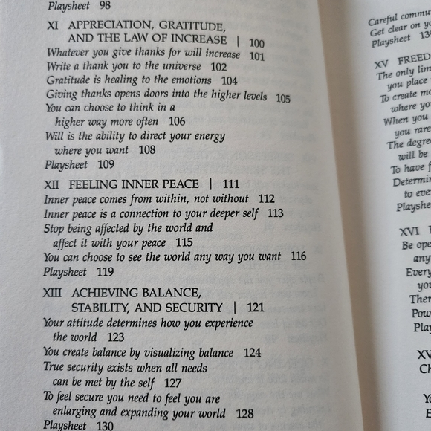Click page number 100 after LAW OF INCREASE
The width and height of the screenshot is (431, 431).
(x=256, y=42)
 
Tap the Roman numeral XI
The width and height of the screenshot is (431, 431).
(x=54, y=25)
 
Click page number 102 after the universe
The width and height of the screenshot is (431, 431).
(x=218, y=68)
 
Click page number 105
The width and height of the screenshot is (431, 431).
(x=282, y=98)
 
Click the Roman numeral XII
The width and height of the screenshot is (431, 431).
(x=55, y=184)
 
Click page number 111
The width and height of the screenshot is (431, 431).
(x=230, y=184)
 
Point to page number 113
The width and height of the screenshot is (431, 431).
(x=275, y=213)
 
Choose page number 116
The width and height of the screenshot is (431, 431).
(x=298, y=256)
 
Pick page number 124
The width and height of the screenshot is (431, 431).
(x=252, y=353)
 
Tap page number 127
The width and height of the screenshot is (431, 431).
(x=172, y=383)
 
